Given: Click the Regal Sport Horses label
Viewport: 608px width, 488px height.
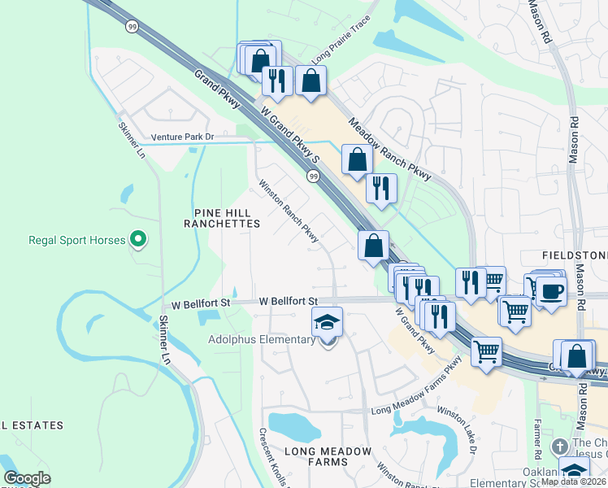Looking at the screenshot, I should [77, 240].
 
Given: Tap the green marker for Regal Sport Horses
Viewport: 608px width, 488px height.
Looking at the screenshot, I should [138, 240].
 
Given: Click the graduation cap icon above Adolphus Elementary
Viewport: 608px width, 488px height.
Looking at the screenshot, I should [327, 322].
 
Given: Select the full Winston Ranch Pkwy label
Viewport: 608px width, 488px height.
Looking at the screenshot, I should [289, 211].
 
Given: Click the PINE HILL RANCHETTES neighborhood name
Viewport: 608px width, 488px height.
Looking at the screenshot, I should [227, 217].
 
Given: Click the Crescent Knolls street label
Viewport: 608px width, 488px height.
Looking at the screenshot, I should [275, 458].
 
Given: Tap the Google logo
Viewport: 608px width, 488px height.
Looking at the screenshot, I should [27, 478].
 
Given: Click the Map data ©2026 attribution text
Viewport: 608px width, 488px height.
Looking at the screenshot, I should [573, 481].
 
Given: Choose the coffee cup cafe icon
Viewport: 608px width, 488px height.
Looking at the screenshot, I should [551, 291].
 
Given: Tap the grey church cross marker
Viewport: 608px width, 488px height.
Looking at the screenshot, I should [558, 447].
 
